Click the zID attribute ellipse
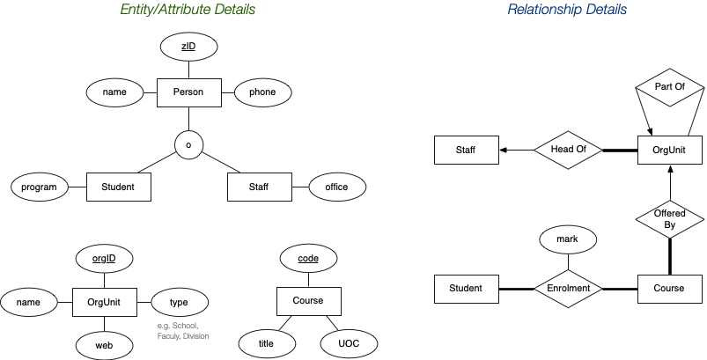tap(188, 47)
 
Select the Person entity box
tap(188, 92)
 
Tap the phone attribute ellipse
tap(262, 92)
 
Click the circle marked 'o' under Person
tap(188, 143)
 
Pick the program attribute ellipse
tap(40, 187)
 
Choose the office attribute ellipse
tap(336, 187)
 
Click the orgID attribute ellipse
tap(104, 259)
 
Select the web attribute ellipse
tap(104, 344)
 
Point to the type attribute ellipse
tap(179, 302)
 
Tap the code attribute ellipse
tap(308, 259)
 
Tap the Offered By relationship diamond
tap(670, 219)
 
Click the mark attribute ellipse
tap(568, 239)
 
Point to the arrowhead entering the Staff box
tap(504, 151)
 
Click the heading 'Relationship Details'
tap(568, 11)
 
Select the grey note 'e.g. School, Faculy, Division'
tap(181, 331)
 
